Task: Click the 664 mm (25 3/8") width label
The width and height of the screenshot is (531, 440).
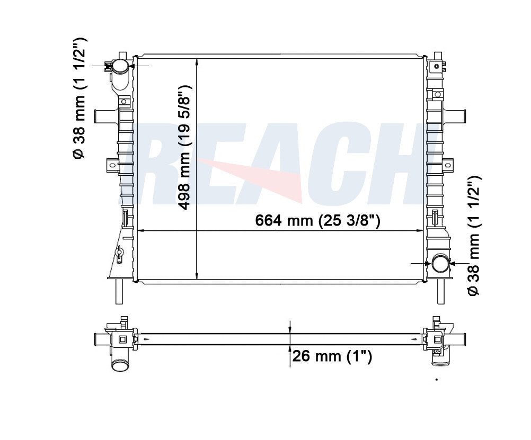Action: click(317, 221)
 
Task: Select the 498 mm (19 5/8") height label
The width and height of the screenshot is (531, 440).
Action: click(185, 147)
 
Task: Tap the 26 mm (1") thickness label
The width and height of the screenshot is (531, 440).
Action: click(332, 356)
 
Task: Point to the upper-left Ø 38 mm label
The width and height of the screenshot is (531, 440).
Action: click(79, 98)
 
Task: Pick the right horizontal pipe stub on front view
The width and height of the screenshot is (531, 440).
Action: click(454, 116)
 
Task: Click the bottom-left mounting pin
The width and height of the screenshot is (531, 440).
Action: click(119, 291)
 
